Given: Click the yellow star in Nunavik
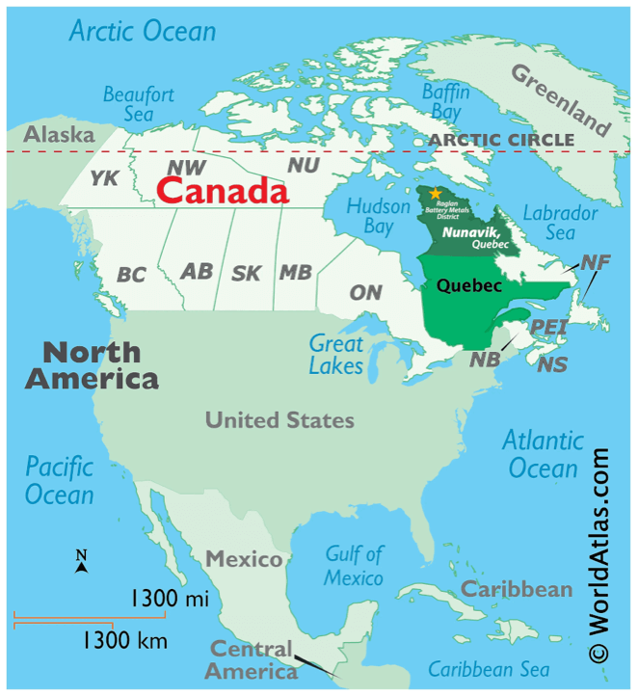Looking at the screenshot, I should coord(436,194).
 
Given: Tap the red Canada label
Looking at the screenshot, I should coord(223,190).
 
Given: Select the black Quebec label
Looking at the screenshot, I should coord(469,285).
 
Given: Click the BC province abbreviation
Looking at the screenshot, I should coord(131,275).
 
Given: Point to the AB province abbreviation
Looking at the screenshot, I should coord(197,272).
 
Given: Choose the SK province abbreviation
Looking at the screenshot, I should coord(246,274).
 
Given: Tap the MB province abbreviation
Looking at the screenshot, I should coord(295,273).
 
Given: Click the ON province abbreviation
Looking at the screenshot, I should coord(365,292).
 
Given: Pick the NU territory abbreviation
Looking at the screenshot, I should coord(304,166).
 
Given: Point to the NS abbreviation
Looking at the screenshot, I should coord(552,365).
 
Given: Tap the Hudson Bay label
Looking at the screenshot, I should coord(370,216).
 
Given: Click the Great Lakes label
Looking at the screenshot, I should coord(336,354).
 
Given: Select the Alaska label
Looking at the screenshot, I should coord(59,135).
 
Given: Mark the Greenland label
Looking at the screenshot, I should coord(560,98).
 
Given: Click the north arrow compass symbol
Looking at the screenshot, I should coord(82,562).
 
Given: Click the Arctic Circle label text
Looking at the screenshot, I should coord(501,141).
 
